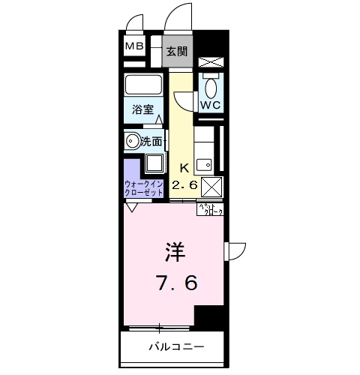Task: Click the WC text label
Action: click(x=209, y=106)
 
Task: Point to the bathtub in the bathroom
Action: click(x=144, y=84)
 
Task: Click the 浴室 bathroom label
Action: click(x=144, y=109)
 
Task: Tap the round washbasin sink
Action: click(x=133, y=139)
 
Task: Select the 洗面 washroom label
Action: click(x=151, y=139)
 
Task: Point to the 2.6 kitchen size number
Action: click(x=184, y=184)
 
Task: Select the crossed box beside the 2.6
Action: click(x=212, y=187)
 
